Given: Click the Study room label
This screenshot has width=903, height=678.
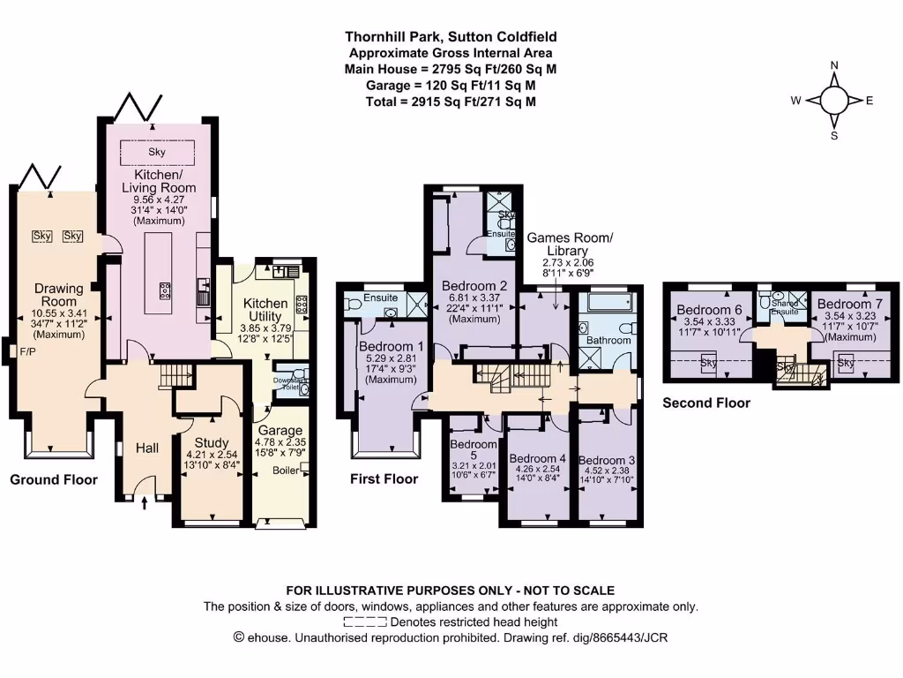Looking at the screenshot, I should (212, 442).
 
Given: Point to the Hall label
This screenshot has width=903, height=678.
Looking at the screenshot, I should (146, 448).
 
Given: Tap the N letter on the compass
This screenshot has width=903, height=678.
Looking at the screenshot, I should (833, 66).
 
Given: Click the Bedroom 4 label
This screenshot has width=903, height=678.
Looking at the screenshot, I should (537, 458).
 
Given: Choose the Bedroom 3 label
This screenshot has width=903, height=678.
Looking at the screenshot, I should (607, 460).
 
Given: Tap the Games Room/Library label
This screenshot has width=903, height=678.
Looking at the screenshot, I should (570, 245).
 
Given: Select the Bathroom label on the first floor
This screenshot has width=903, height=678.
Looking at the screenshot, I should (609, 340).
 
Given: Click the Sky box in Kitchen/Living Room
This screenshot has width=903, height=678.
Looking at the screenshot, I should (157, 152).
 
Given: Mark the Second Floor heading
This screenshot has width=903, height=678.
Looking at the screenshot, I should (706, 403).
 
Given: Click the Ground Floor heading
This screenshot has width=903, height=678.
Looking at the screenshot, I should (54, 479).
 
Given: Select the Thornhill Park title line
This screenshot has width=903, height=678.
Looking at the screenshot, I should (451, 37).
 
